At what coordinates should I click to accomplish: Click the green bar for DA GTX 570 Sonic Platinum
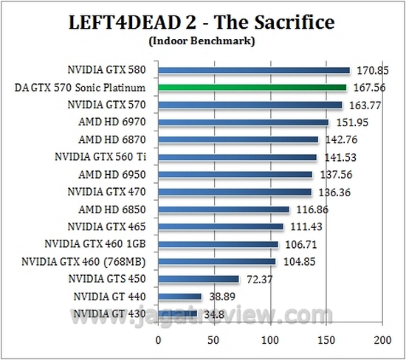click(x=252, y=88)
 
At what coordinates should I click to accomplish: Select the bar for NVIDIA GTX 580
click(x=253, y=71)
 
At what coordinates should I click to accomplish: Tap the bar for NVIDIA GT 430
click(x=177, y=314)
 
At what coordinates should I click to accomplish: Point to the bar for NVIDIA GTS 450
click(x=199, y=279)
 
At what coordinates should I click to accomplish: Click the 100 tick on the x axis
click(x=269, y=340)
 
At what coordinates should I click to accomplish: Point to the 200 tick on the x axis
click(x=381, y=340)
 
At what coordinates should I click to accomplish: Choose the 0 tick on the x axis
click(x=158, y=340)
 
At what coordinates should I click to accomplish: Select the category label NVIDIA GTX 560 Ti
click(x=103, y=157)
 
